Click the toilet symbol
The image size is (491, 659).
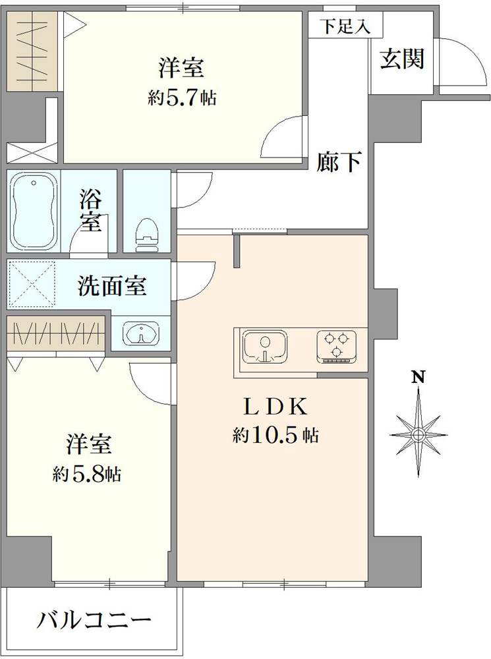(147, 235)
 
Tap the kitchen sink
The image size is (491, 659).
(264, 347)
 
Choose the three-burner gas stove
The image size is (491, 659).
(337, 347)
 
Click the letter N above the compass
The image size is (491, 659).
(417, 376)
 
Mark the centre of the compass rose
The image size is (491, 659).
(418, 434)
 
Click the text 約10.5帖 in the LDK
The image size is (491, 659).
(275, 436)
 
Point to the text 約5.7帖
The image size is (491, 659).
(182, 98)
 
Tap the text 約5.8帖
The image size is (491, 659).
(87, 474)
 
